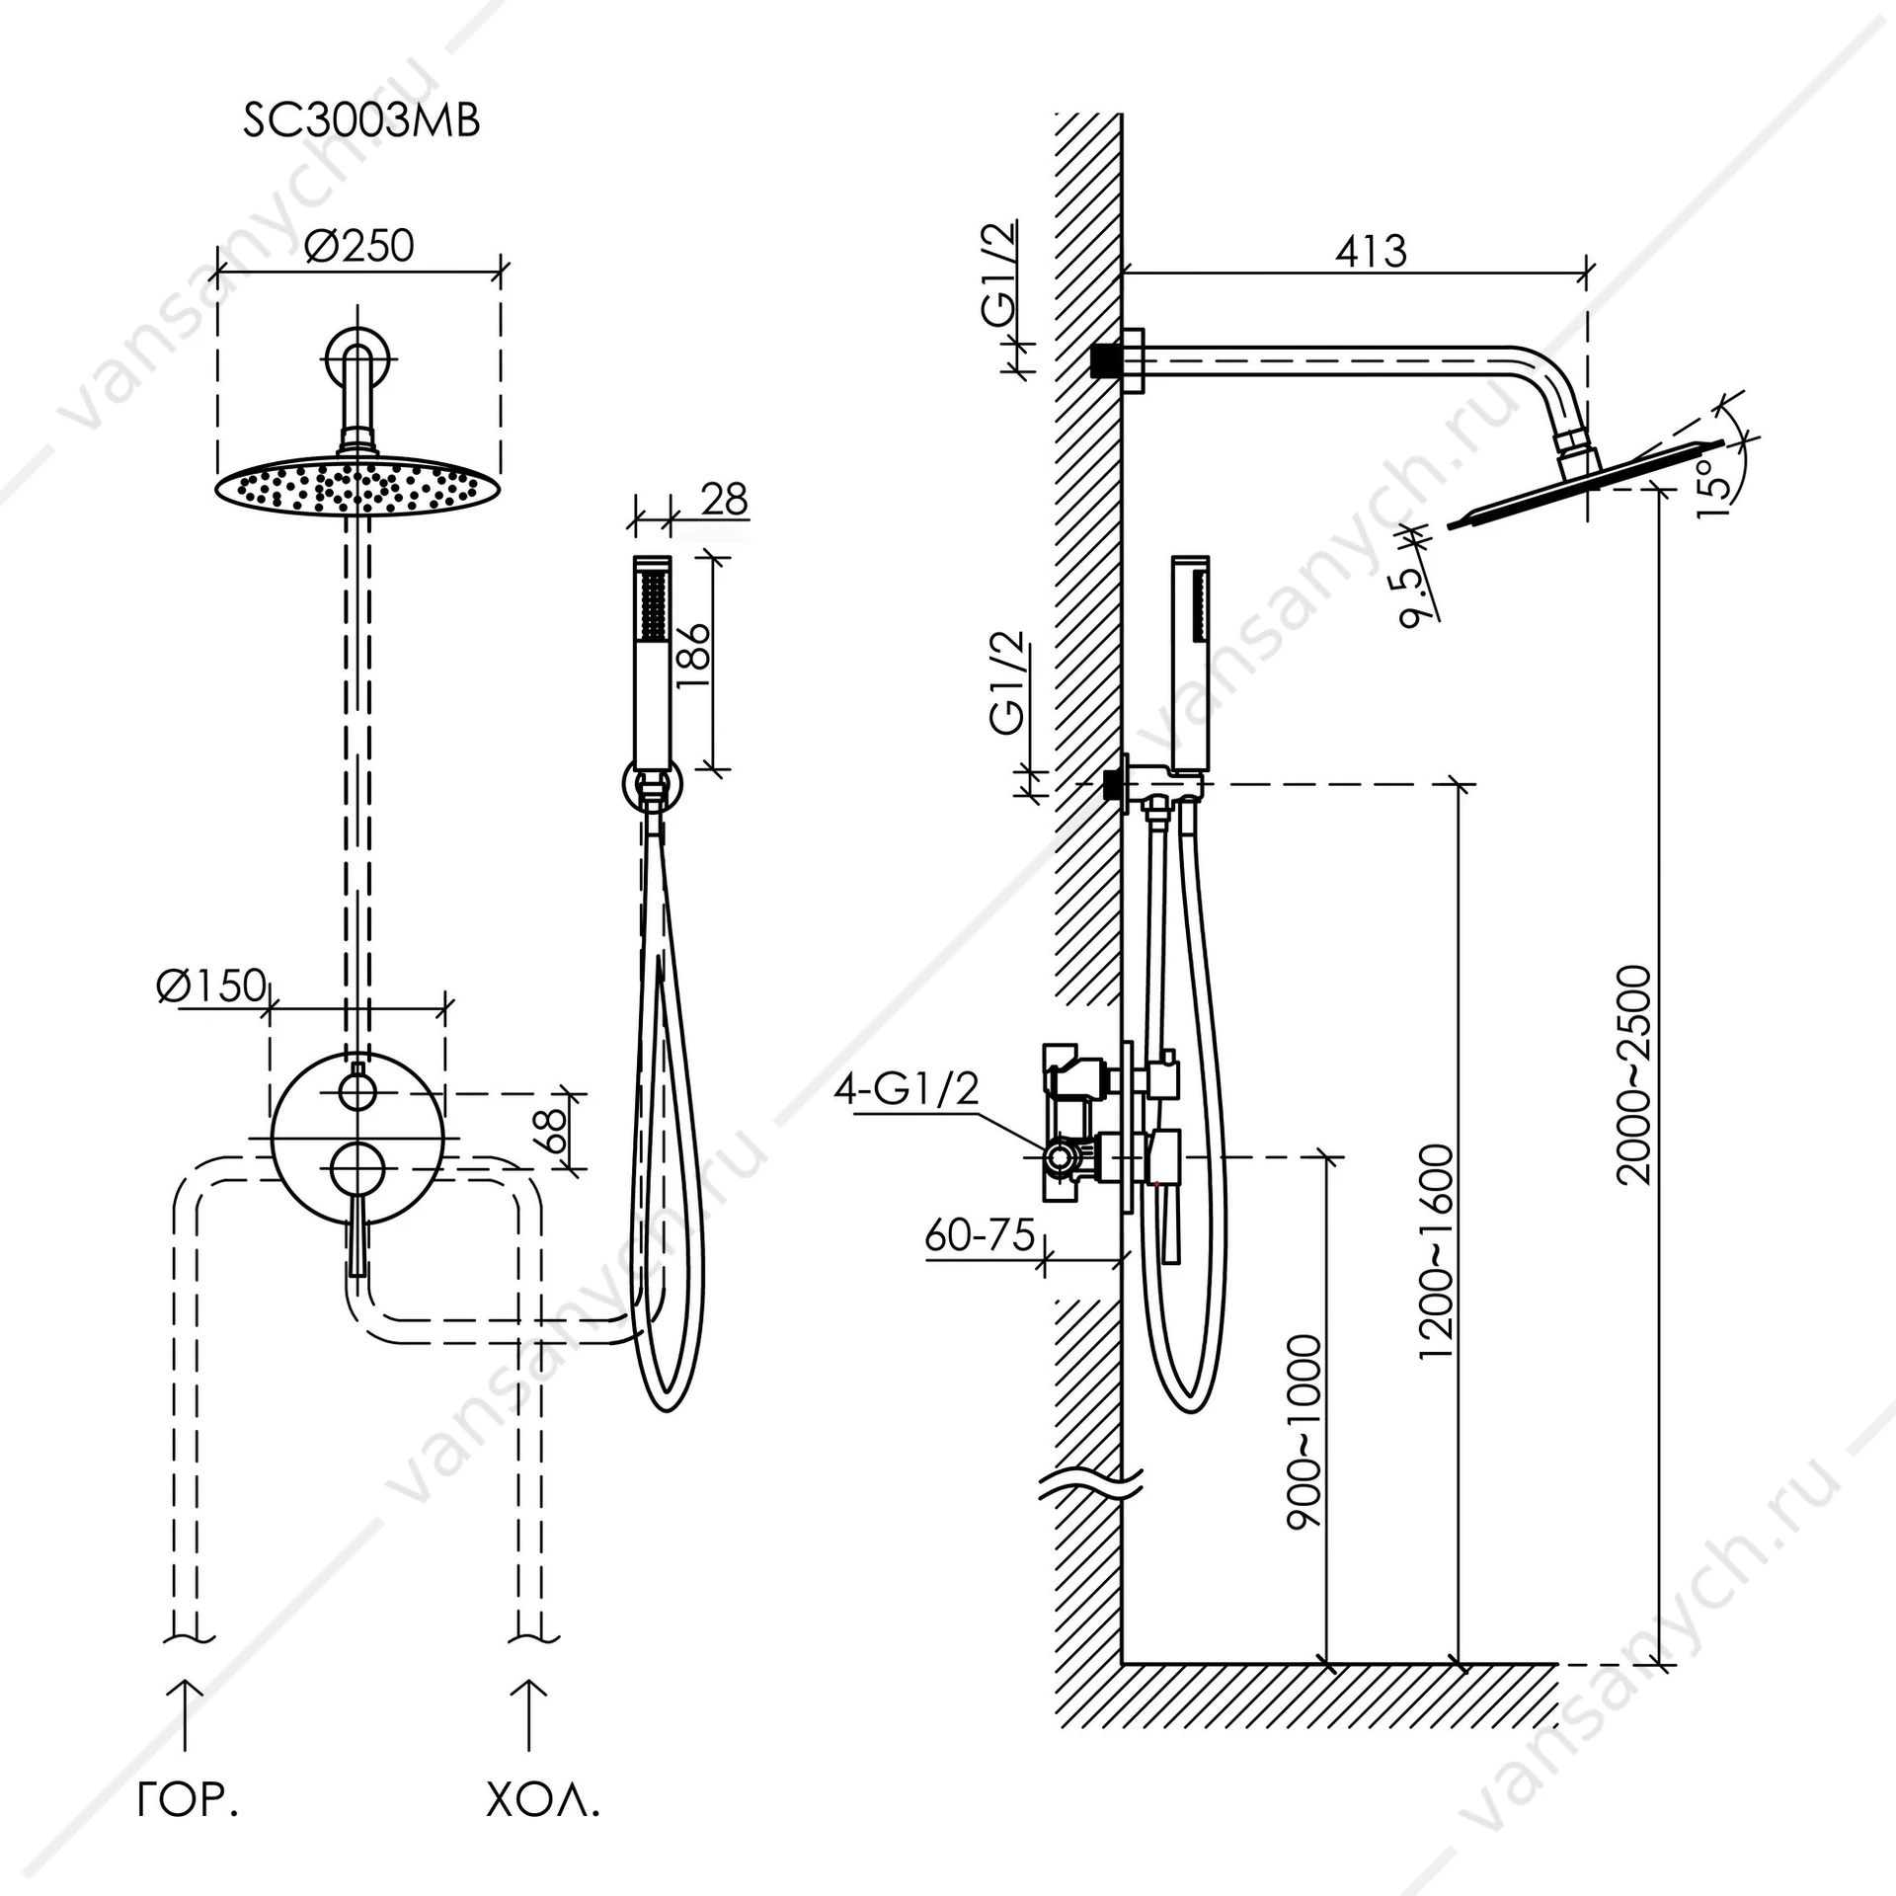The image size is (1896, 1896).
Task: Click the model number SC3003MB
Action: [361, 122]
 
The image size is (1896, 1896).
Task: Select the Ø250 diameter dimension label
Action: [359, 245]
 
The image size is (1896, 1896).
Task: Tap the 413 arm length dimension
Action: [1371, 252]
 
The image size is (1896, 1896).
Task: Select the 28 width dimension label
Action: [724, 500]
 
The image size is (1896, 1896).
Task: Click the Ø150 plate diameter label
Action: [210, 985]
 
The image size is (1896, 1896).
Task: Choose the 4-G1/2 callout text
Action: [907, 1088]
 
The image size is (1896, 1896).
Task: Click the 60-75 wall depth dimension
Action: [980, 1234]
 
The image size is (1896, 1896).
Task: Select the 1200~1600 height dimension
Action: [1436, 1252]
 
